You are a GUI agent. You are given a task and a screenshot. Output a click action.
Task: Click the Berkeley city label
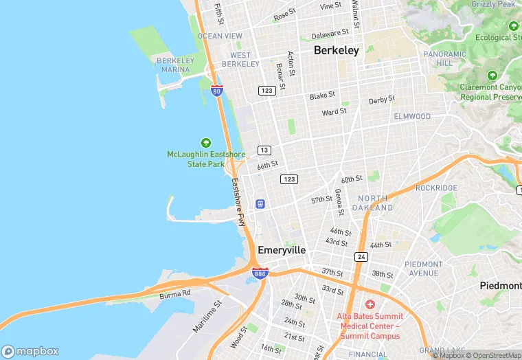point(336,50)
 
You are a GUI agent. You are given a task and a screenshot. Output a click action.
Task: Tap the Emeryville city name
point(281,250)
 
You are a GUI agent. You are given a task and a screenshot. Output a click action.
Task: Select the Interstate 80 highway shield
point(217,91)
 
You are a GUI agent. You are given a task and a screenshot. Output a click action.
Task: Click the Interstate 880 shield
point(260,273)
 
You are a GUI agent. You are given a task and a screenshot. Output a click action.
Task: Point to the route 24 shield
point(361,256)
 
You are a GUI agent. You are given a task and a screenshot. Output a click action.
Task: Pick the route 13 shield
point(264,150)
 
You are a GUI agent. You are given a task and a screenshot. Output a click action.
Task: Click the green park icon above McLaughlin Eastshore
point(206,142)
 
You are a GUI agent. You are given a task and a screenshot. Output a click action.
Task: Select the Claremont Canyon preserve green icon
point(492,75)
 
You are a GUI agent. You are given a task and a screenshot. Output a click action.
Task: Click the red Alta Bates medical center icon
point(370,304)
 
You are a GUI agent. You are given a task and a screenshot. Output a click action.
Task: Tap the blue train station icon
point(260,204)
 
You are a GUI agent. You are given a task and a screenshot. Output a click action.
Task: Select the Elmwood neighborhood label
point(412,117)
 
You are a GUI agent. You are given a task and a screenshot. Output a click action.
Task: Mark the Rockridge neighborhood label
point(435,188)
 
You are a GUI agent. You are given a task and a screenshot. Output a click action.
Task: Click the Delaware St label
point(331,34)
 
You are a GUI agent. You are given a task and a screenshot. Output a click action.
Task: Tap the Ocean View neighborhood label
point(220,36)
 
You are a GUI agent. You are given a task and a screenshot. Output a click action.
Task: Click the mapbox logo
point(30,350)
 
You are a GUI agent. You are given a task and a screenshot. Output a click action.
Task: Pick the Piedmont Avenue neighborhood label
point(424,269)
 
